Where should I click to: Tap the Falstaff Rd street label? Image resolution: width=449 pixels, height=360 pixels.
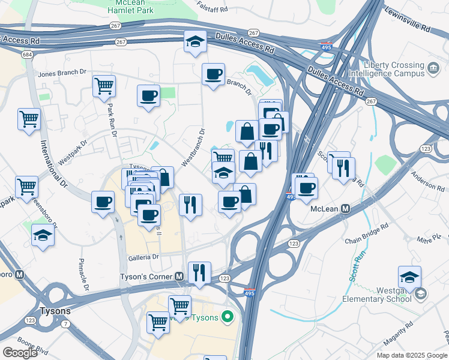pyautogui.click(x=212, y=9)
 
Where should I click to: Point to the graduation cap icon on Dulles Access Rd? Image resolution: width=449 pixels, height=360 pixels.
pyautogui.click(x=194, y=42)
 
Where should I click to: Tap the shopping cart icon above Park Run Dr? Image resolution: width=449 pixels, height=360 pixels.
pyautogui.click(x=104, y=86)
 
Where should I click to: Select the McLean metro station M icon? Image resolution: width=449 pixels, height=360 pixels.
pyautogui.click(x=345, y=208)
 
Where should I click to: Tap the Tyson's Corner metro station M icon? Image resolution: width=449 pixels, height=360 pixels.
pyautogui.click(x=179, y=276)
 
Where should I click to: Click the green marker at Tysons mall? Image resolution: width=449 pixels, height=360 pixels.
pyautogui.click(x=227, y=316)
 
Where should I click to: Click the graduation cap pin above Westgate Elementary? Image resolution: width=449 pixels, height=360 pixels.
pyautogui.click(x=409, y=277)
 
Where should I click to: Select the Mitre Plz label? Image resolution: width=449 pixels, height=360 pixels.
pyautogui.click(x=430, y=239)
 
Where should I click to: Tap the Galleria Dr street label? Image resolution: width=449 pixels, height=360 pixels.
pyautogui.click(x=143, y=257)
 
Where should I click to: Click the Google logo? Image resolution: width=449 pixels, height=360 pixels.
pyautogui.click(x=20, y=352)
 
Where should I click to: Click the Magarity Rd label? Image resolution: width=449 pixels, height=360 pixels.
pyautogui.click(x=396, y=325)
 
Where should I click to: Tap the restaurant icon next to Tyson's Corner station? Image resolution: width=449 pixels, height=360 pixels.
pyautogui.click(x=199, y=272)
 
